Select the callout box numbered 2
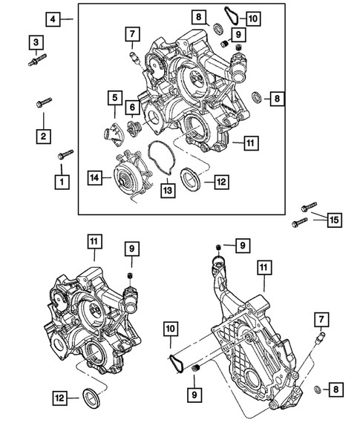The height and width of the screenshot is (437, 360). [x=45, y=136]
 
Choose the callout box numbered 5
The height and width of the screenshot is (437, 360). [x=115, y=96]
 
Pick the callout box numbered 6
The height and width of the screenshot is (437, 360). [x=131, y=108]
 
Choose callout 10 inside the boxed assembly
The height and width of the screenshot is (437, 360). [x=252, y=18]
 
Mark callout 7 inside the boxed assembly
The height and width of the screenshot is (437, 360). [x=131, y=33]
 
